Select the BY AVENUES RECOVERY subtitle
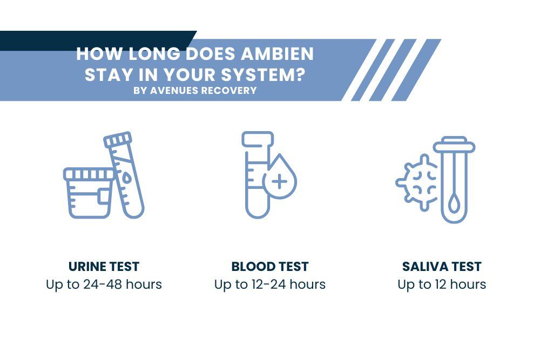[195, 90]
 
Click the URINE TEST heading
[104, 266]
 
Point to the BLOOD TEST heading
[270, 266]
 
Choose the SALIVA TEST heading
[442, 266]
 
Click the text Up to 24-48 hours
[104, 284]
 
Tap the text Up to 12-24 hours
[270, 284]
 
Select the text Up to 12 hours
[442, 284]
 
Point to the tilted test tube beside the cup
[127, 175]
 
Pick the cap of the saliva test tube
[454, 145]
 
